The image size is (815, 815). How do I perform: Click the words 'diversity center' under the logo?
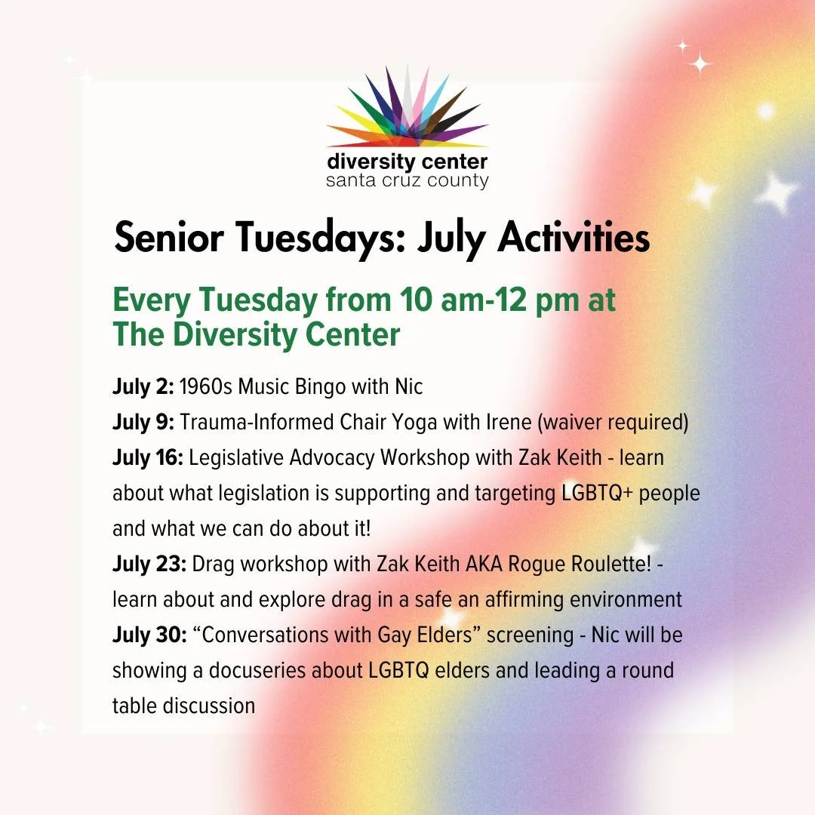407,161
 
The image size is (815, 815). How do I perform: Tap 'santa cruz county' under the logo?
407,181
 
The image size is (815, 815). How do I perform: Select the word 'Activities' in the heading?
574,238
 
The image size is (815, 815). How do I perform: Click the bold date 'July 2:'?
143,387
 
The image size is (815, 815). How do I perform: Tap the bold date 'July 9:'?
143,423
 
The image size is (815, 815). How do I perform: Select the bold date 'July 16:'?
148,458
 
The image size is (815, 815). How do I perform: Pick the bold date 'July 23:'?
149,564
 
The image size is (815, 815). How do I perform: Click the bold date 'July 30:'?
149,635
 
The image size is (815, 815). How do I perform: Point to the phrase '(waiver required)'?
613,423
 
